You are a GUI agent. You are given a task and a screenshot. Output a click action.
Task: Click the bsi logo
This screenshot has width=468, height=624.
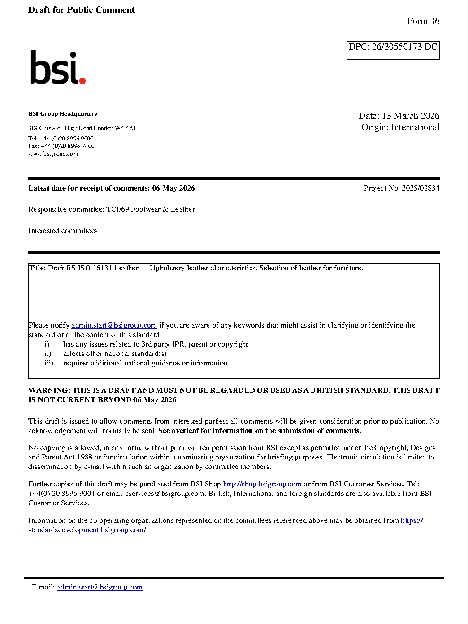click(x=57, y=68)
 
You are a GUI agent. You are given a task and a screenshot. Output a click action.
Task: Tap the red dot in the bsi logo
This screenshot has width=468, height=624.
click(x=83, y=81)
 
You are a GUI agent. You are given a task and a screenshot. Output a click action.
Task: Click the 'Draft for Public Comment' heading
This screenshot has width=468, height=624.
click(x=81, y=10)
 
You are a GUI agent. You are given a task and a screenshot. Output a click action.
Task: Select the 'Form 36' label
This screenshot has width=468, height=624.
click(x=423, y=21)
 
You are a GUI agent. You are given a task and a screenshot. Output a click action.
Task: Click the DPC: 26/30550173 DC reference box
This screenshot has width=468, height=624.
click(x=393, y=50)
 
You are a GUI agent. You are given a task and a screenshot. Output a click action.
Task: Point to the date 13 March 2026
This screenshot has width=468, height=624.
click(x=410, y=116)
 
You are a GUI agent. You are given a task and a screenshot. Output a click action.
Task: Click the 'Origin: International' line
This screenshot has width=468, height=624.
click(x=400, y=127)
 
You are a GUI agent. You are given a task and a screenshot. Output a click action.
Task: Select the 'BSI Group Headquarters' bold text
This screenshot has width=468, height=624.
click(x=62, y=114)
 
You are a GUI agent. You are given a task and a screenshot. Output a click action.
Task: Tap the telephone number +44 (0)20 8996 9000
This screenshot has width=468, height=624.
click(x=67, y=139)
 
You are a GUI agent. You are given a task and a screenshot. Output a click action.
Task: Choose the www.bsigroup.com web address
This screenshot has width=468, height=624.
click(x=53, y=154)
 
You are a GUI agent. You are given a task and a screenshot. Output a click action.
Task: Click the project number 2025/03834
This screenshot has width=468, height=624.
click(x=420, y=188)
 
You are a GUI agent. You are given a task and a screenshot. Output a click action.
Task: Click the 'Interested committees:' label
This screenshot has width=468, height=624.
click(x=64, y=231)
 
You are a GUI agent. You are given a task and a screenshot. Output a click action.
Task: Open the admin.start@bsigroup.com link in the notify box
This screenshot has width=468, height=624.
click(x=114, y=325)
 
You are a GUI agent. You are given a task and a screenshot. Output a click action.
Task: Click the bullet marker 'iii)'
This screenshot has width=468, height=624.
click(x=49, y=363)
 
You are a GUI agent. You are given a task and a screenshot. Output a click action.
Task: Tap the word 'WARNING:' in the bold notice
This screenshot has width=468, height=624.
click(x=49, y=390)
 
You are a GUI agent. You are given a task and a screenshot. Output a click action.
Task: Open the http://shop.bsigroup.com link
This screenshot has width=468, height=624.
click(x=262, y=484)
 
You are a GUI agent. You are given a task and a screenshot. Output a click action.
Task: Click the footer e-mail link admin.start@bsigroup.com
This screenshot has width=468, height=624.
click(x=100, y=587)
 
